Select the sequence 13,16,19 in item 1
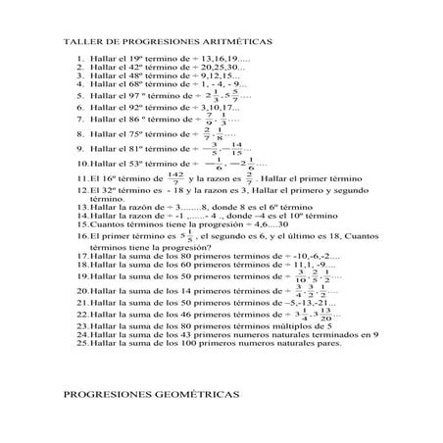[224, 59]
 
